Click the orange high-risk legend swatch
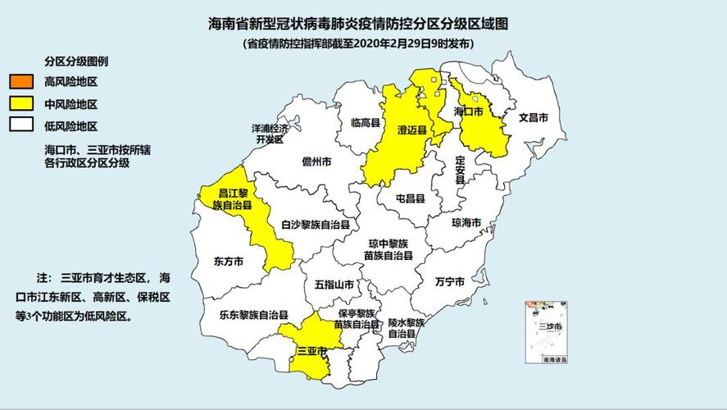(21, 81)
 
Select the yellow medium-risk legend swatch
(21, 103)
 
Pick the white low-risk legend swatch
(21, 126)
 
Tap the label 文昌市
(533, 117)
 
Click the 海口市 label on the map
(469, 111)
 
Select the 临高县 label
(366, 123)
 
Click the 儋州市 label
(316, 162)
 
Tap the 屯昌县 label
(411, 198)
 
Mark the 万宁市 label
(451, 280)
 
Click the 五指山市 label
(334, 285)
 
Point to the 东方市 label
(229, 262)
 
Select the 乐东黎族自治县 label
(253, 314)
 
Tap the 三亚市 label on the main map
(311, 351)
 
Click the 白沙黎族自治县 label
(316, 224)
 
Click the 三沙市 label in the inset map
(550, 326)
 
